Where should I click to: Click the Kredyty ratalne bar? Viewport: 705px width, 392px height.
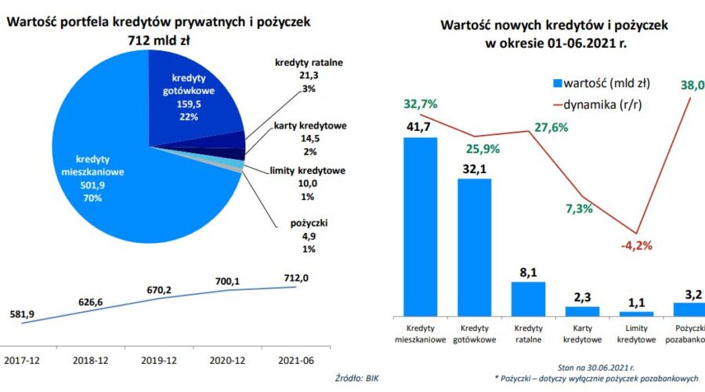[527, 298]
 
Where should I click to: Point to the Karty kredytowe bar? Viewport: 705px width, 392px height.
[582, 310]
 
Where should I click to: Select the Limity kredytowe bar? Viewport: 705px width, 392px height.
[636, 312]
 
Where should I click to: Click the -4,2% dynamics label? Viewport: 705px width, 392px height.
[636, 245]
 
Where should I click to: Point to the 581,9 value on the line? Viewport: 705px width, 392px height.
[22, 314]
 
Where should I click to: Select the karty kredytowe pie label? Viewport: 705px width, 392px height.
[310, 125]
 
